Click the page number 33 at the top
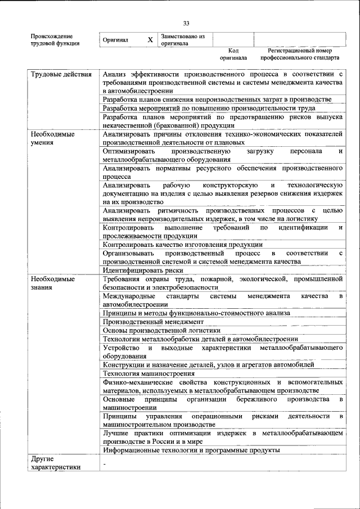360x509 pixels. coord(186,23)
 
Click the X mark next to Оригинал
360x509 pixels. coord(150,40)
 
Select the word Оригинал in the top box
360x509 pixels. coord(116,40)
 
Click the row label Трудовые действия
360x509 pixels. coord(61,74)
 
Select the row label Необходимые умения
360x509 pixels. coord(53,138)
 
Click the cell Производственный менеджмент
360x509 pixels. coord(154,322)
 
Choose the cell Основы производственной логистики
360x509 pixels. coord(161,330)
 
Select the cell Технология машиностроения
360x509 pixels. coord(149,373)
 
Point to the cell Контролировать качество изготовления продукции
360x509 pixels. coord(183,245)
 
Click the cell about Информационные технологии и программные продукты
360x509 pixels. coord(191,451)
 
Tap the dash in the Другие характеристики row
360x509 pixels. coord(105,463)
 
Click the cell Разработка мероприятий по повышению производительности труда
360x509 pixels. coord(209,108)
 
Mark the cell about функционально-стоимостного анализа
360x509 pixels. coord(196,313)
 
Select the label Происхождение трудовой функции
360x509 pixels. coord(55,40)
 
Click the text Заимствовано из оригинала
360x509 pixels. coord(182,40)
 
